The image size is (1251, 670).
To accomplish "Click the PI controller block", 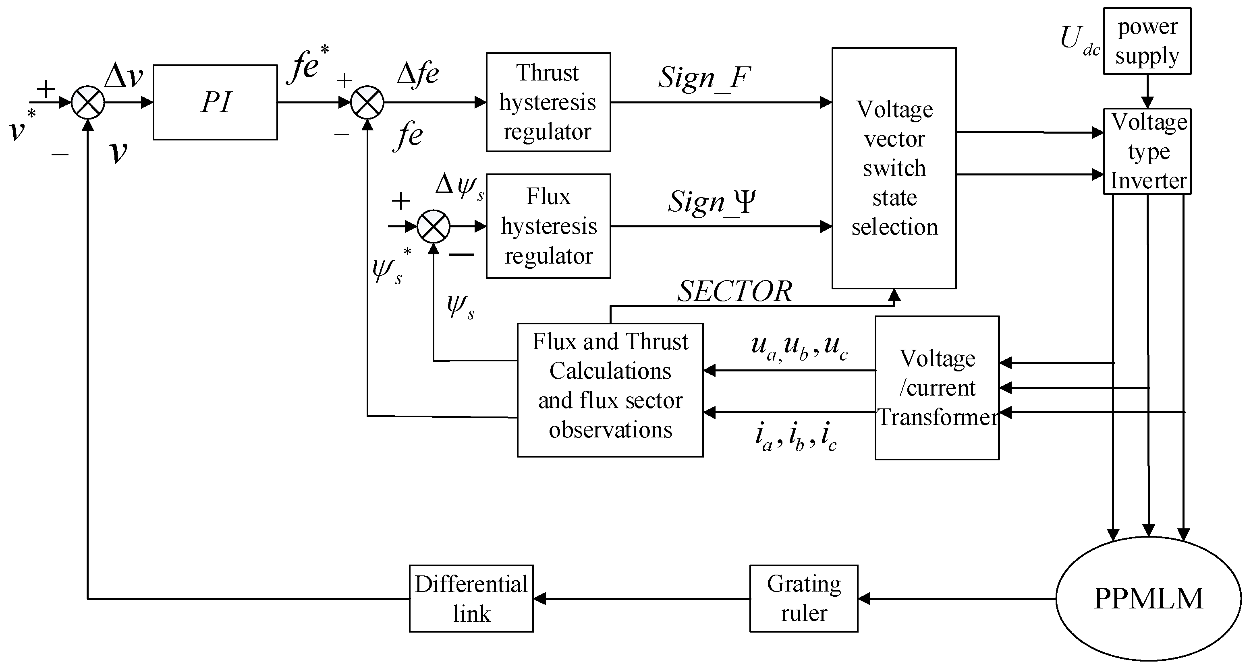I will pyautogui.click(x=215, y=102).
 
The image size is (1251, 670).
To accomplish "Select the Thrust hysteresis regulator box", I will pyautogui.click(x=548, y=102).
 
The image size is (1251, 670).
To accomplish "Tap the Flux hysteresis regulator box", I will pyautogui.click(x=548, y=226).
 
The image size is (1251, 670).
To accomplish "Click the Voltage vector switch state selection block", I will pyautogui.click(x=894, y=168).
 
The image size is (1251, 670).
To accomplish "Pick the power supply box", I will pyautogui.click(x=1147, y=41).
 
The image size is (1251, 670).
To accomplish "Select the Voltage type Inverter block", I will pyautogui.click(x=1147, y=151).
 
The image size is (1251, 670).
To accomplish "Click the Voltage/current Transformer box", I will pyautogui.click(x=937, y=388).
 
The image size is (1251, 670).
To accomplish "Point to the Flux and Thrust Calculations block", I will pyautogui.click(x=610, y=390).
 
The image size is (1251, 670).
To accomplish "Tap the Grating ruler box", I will pyautogui.click(x=804, y=598).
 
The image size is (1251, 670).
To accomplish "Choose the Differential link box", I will pyautogui.click(x=471, y=598).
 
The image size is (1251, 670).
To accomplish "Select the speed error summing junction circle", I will pyautogui.click(x=88, y=102).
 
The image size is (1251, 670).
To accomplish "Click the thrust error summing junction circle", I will pyautogui.click(x=367, y=102).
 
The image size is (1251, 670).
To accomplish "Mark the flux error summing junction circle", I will pyautogui.click(x=434, y=226).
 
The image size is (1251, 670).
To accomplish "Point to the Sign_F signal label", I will pyautogui.click(x=705, y=78).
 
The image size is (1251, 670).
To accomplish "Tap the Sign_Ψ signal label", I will pyautogui.click(x=712, y=202).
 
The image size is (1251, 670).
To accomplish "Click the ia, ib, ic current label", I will pyautogui.click(x=795, y=436).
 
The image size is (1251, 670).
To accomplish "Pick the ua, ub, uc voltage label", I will pyautogui.click(x=799, y=347).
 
